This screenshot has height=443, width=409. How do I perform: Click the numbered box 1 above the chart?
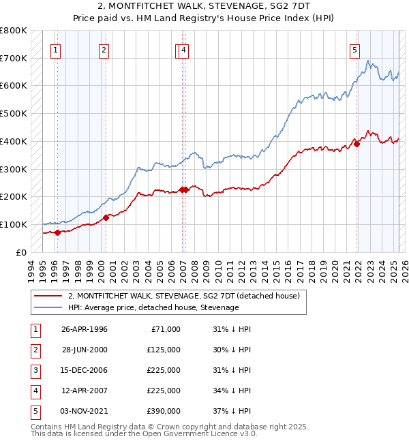click(x=55, y=49)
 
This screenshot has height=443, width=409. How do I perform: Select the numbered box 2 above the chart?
click(x=103, y=49)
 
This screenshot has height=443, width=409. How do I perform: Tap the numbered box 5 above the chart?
click(x=355, y=49)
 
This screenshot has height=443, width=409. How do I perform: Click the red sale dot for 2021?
click(x=357, y=144)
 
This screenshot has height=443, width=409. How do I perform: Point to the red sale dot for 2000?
click(x=106, y=218)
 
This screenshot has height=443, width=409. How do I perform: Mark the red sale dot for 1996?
click(x=57, y=232)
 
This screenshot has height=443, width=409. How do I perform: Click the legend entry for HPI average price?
click(x=153, y=307)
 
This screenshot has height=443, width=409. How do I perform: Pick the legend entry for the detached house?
click(x=188, y=296)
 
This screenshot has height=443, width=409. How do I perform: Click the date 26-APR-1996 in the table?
click(x=85, y=329)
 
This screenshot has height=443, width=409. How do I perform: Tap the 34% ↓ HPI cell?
click(x=232, y=391)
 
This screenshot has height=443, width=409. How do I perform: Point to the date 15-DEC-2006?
click(x=85, y=370)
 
